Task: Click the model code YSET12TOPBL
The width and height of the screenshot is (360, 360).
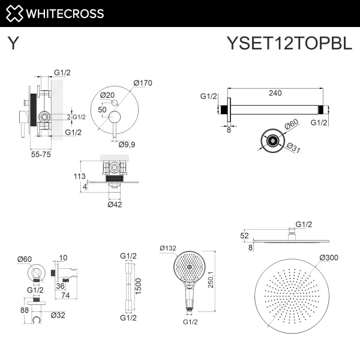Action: pos(289,43)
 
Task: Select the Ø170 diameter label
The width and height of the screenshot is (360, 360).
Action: pos(142,83)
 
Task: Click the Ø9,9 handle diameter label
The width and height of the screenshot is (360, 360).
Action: pos(127,144)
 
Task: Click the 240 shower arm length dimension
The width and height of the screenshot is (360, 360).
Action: pos(275,93)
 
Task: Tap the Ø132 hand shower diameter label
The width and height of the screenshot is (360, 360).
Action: pos(168,248)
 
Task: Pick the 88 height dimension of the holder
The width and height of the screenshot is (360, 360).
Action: pos(24,310)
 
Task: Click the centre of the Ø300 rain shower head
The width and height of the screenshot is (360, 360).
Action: pos(292,299)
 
